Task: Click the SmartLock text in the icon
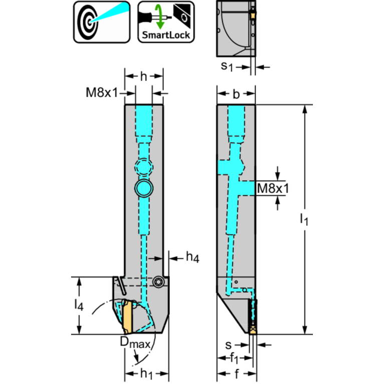166,35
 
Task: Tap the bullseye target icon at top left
102,22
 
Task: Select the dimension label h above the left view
144,77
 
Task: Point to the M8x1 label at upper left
102,93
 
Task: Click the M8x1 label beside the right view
273,188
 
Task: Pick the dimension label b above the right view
236,94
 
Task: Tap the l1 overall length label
304,219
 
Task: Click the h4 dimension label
193,257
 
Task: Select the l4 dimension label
79,305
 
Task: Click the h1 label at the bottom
147,373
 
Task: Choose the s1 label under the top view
227,67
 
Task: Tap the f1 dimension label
234,359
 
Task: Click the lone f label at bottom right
237,373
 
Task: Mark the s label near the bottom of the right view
228,345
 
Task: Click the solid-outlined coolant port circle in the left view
144,188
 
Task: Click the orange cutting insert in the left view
128,316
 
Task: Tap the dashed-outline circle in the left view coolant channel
144,167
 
